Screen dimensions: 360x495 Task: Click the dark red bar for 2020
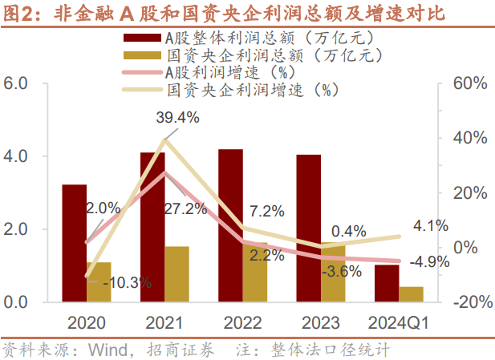pyautogui.click(x=74, y=243)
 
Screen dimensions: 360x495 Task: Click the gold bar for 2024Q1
pyautogui.click(x=411, y=293)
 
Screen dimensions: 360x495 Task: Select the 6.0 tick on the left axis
pyautogui.click(x=18, y=83)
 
